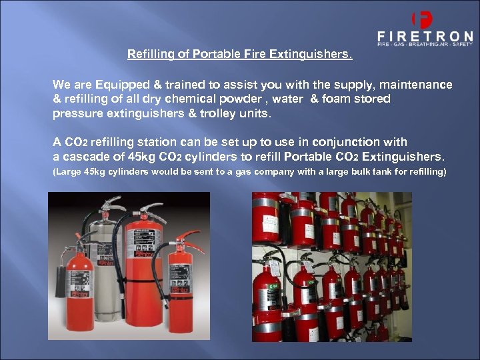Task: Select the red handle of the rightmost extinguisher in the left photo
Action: (x=189, y=237)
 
